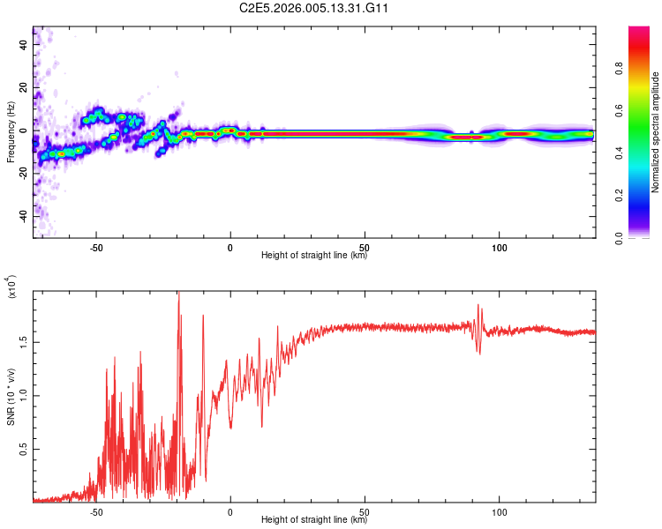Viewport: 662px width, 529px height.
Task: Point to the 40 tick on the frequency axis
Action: tap(24, 44)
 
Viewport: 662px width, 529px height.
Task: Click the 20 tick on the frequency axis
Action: tap(24, 87)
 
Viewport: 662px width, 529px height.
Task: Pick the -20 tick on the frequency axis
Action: tap(22, 173)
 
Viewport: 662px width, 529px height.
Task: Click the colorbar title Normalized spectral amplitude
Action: tap(656, 132)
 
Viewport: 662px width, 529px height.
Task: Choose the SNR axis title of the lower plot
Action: tap(11, 397)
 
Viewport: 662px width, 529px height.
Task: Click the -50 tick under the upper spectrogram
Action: tap(96, 247)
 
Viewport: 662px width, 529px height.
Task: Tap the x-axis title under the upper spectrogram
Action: tap(314, 256)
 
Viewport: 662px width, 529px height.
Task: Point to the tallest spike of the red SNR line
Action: tap(178, 294)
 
